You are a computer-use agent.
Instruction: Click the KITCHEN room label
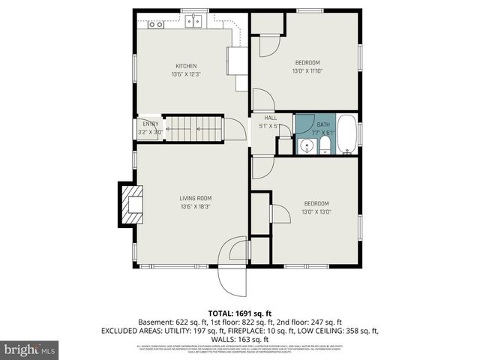pos(186,66)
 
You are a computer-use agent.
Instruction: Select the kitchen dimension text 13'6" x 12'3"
pos(186,74)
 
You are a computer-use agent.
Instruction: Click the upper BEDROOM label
pos(307,62)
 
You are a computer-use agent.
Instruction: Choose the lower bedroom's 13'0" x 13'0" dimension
pos(316,211)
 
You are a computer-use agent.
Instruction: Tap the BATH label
pos(323,124)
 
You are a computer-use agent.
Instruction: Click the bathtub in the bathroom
pos(347,135)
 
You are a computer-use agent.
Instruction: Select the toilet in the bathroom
pos(324,145)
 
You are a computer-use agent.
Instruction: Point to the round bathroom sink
pos(305,145)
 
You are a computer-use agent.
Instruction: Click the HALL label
pos(271,118)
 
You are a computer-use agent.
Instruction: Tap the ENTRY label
pos(151,124)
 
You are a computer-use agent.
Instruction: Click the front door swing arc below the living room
pos(232,274)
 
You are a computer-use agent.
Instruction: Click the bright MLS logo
pos(29,349)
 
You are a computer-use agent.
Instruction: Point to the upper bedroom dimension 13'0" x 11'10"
pos(307,70)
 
